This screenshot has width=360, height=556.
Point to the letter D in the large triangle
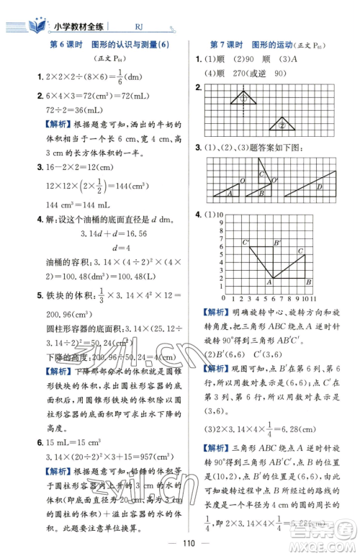tap(319, 187)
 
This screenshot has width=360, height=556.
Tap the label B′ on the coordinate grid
tap(277, 242)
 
